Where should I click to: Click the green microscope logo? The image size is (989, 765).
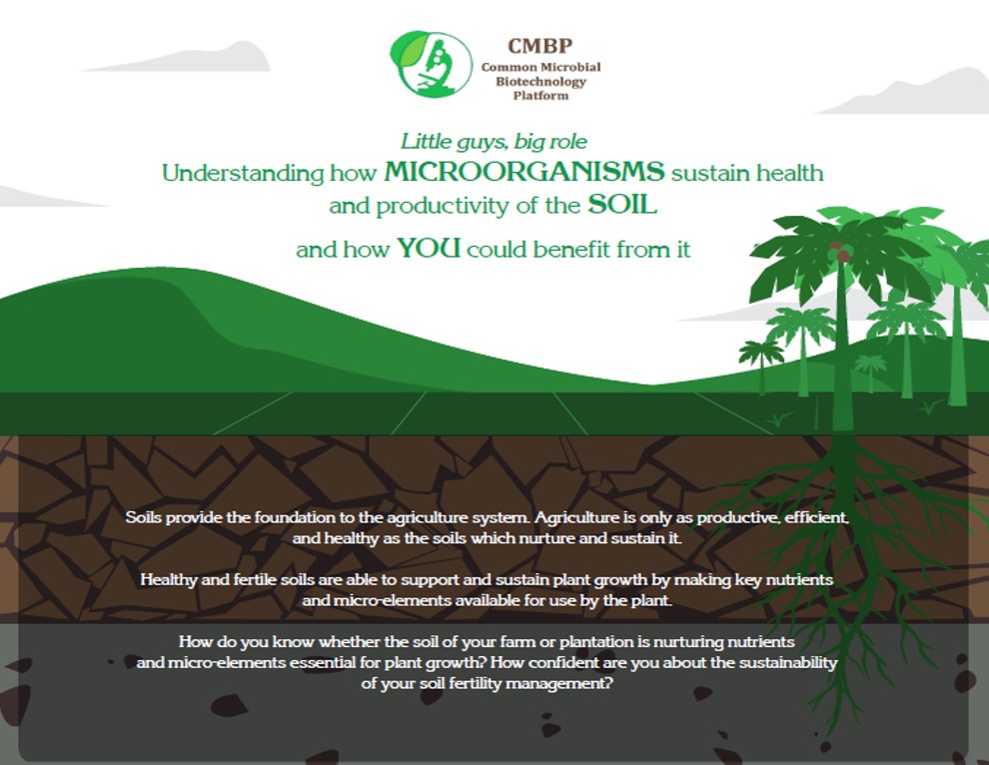coord(432,64)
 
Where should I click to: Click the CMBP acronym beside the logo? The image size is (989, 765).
coord(539,46)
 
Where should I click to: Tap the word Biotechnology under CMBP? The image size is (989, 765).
coord(540,82)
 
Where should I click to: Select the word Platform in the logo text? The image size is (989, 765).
coord(540,96)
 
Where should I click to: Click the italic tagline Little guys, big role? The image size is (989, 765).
coord(494,141)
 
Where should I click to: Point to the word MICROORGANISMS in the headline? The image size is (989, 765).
coord(524,172)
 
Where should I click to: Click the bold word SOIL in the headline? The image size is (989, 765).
coord(622,204)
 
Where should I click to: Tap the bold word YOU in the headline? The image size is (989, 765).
coord(429,248)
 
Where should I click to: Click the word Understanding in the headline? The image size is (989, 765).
coord(243,173)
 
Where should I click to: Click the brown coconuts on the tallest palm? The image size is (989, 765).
coord(839,251)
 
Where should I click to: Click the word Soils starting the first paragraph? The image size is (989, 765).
coord(144,517)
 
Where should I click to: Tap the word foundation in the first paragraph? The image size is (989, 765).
coord(295,517)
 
